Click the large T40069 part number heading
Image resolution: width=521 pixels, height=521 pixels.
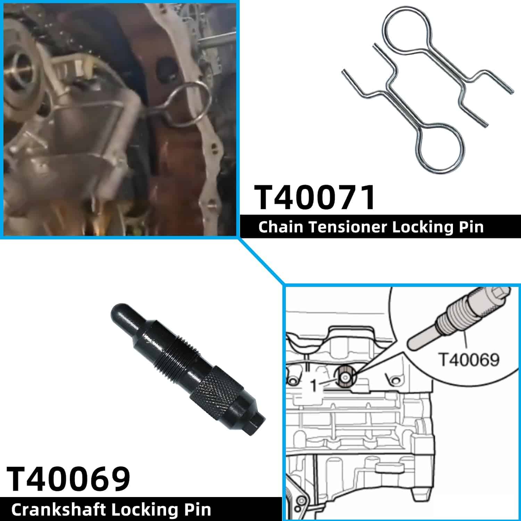point(68,479)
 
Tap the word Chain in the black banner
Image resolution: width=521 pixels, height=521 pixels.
point(281,227)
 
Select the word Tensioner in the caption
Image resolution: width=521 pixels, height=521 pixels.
point(348,227)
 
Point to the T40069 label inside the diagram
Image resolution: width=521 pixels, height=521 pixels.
point(469,359)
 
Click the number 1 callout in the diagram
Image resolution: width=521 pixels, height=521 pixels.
point(314,385)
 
